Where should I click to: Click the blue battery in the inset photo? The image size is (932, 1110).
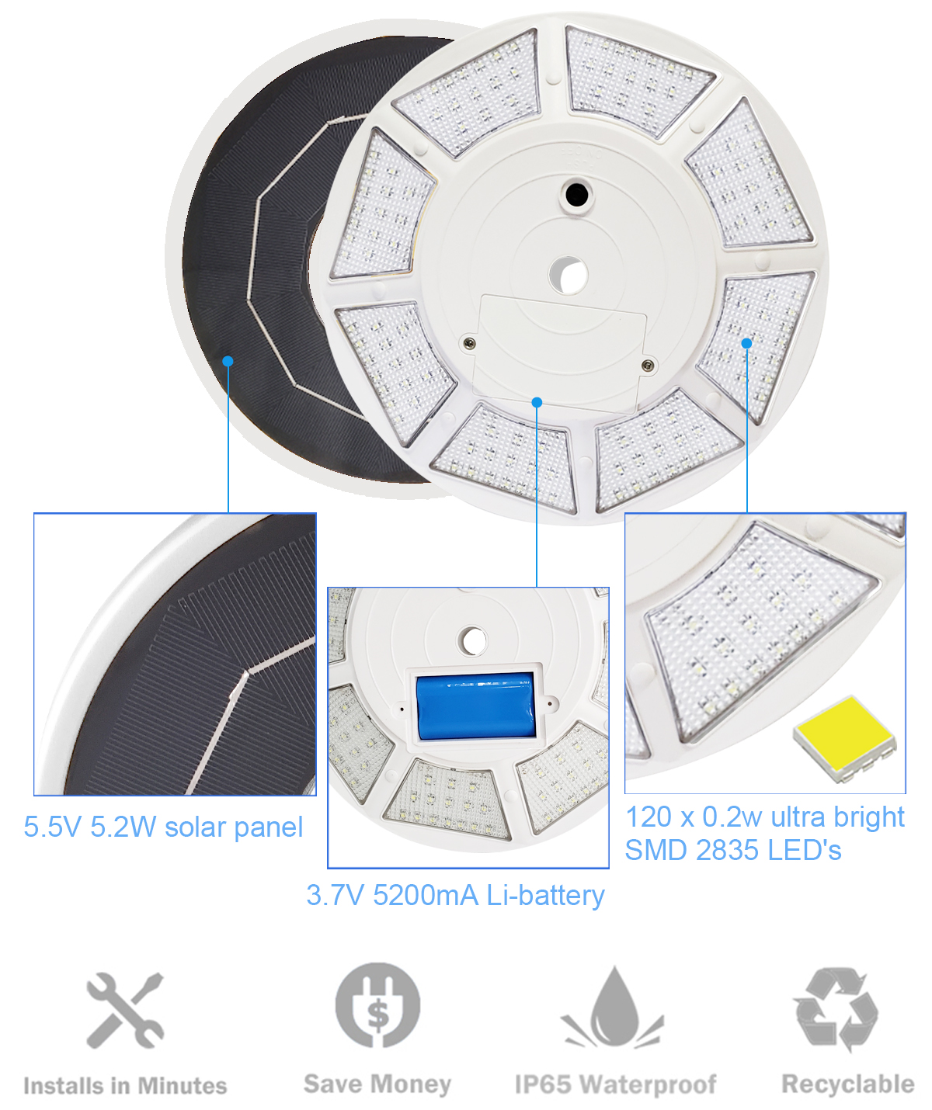coord(475,706)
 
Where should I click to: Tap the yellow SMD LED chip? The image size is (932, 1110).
coord(844,738)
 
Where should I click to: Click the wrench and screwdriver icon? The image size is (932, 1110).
coord(126,1010)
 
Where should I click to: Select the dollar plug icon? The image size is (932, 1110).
coord(377,1005)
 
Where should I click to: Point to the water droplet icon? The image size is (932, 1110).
coord(613,1008)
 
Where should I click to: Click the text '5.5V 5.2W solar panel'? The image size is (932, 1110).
coord(163,827)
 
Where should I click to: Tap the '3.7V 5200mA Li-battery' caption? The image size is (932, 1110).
coord(455,895)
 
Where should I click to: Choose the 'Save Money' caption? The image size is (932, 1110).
coord(377,1084)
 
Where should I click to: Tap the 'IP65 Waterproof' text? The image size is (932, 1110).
coord(615,1084)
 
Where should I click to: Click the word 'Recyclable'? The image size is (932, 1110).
coord(848,1084)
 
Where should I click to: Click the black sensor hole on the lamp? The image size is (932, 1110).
coord(576,195)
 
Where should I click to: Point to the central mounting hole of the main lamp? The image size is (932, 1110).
coord(569,274)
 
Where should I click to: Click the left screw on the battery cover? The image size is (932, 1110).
coord(468,343)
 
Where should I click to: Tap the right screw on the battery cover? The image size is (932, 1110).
coord(648,365)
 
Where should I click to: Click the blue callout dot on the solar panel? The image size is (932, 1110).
coord(228,362)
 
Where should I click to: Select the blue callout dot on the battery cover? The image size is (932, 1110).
coord(537,402)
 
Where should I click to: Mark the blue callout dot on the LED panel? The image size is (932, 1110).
coord(746,343)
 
